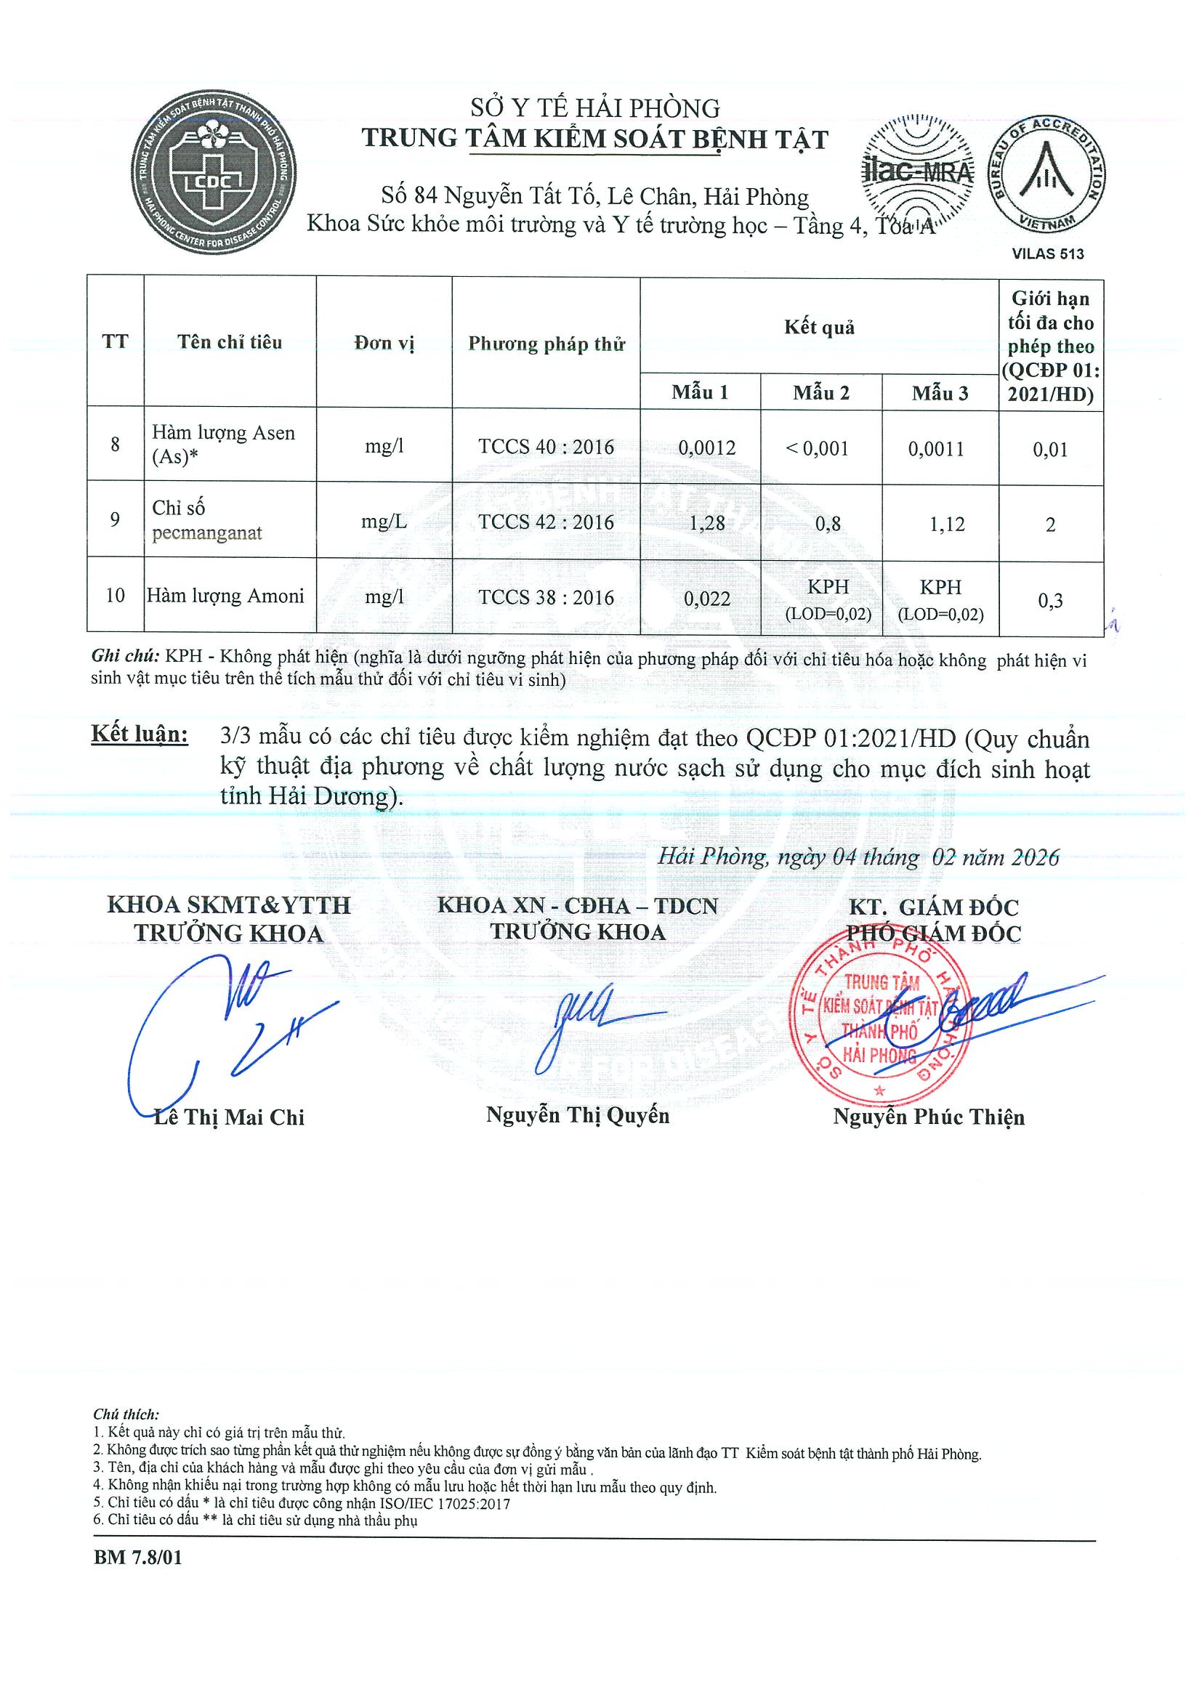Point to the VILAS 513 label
tap(1047, 254)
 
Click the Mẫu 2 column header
tap(820, 392)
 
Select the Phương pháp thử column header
tap(546, 344)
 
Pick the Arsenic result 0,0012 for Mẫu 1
tap(706, 448)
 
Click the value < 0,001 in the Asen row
tap(817, 448)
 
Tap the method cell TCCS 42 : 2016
tap(546, 522)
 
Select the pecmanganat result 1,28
tap(706, 524)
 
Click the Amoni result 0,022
tap(706, 599)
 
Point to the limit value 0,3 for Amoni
tap(1049, 601)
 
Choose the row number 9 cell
tap(115, 519)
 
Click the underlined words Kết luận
tap(140, 734)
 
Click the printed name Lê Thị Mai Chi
tap(229, 1117)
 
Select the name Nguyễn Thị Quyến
tap(578, 1116)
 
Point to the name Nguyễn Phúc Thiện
tap(928, 1117)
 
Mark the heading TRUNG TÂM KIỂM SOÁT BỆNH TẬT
tap(594, 139)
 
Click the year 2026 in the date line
tap(1036, 857)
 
